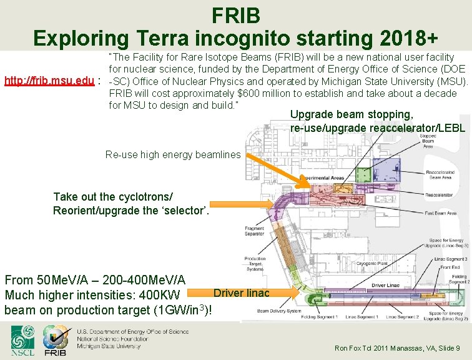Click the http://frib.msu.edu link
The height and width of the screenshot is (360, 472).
49,81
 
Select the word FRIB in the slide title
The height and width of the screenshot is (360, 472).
235,14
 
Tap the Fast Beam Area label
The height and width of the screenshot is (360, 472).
441,213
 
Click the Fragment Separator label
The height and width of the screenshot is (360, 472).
254,231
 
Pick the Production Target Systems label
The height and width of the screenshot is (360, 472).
255,263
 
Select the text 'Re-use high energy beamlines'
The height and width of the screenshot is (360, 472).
173,154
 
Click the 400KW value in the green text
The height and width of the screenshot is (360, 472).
160,294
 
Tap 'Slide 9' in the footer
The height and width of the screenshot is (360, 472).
448,348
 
